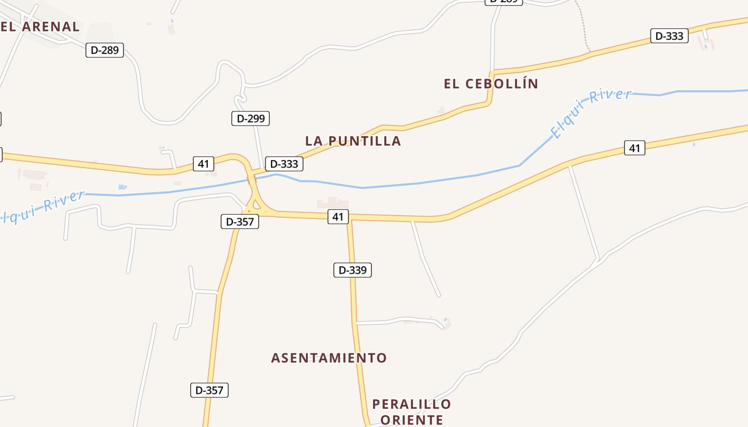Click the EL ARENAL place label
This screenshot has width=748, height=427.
40,26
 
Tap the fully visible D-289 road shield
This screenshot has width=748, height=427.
105,50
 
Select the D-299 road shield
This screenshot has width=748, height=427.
250,118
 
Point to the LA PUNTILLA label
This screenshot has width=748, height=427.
353,141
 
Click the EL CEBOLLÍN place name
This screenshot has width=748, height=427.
491,84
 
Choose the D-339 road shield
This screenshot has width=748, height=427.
352,270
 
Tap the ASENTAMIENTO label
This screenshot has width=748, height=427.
329,358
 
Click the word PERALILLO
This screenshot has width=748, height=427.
411,404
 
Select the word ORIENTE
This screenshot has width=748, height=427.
411,420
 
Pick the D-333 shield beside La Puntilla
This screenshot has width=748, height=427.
284,164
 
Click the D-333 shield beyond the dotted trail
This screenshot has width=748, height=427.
669,36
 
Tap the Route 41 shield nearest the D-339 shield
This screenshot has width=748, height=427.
338,217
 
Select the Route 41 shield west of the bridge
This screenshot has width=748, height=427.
203,163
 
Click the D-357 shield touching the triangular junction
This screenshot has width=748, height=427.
240,222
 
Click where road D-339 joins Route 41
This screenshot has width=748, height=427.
350,219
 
